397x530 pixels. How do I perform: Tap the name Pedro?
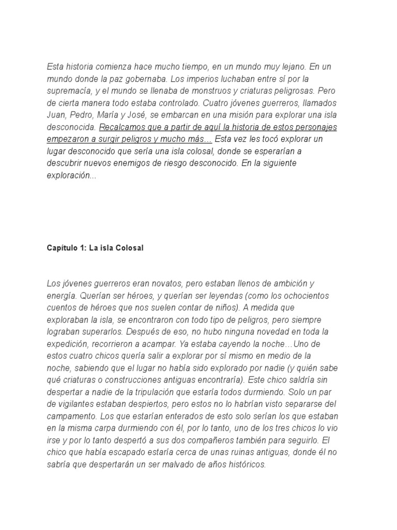tap(83, 114)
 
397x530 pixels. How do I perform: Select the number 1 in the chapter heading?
tap(83, 248)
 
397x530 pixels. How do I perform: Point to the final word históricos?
tap(243, 464)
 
